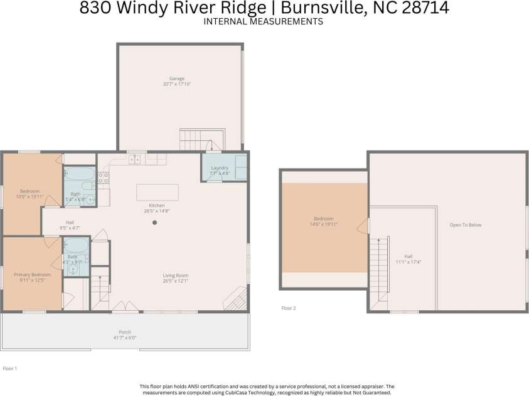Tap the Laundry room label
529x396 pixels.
[x=220, y=168]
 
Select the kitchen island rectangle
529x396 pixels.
[x=157, y=192]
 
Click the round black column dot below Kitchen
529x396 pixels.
[x=154, y=222]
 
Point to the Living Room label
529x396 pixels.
[x=176, y=275]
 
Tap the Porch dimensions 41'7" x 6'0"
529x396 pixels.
[x=125, y=338]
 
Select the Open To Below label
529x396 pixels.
[x=465, y=225]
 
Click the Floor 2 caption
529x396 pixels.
[x=288, y=308]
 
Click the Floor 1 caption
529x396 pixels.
[x=10, y=368]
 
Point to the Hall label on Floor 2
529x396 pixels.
[x=408, y=256]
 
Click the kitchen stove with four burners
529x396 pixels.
[x=104, y=179]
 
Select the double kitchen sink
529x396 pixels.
[x=135, y=160]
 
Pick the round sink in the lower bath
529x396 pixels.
[x=73, y=270]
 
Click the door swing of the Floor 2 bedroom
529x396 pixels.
[x=363, y=226]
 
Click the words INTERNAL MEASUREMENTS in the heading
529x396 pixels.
[x=264, y=21]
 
